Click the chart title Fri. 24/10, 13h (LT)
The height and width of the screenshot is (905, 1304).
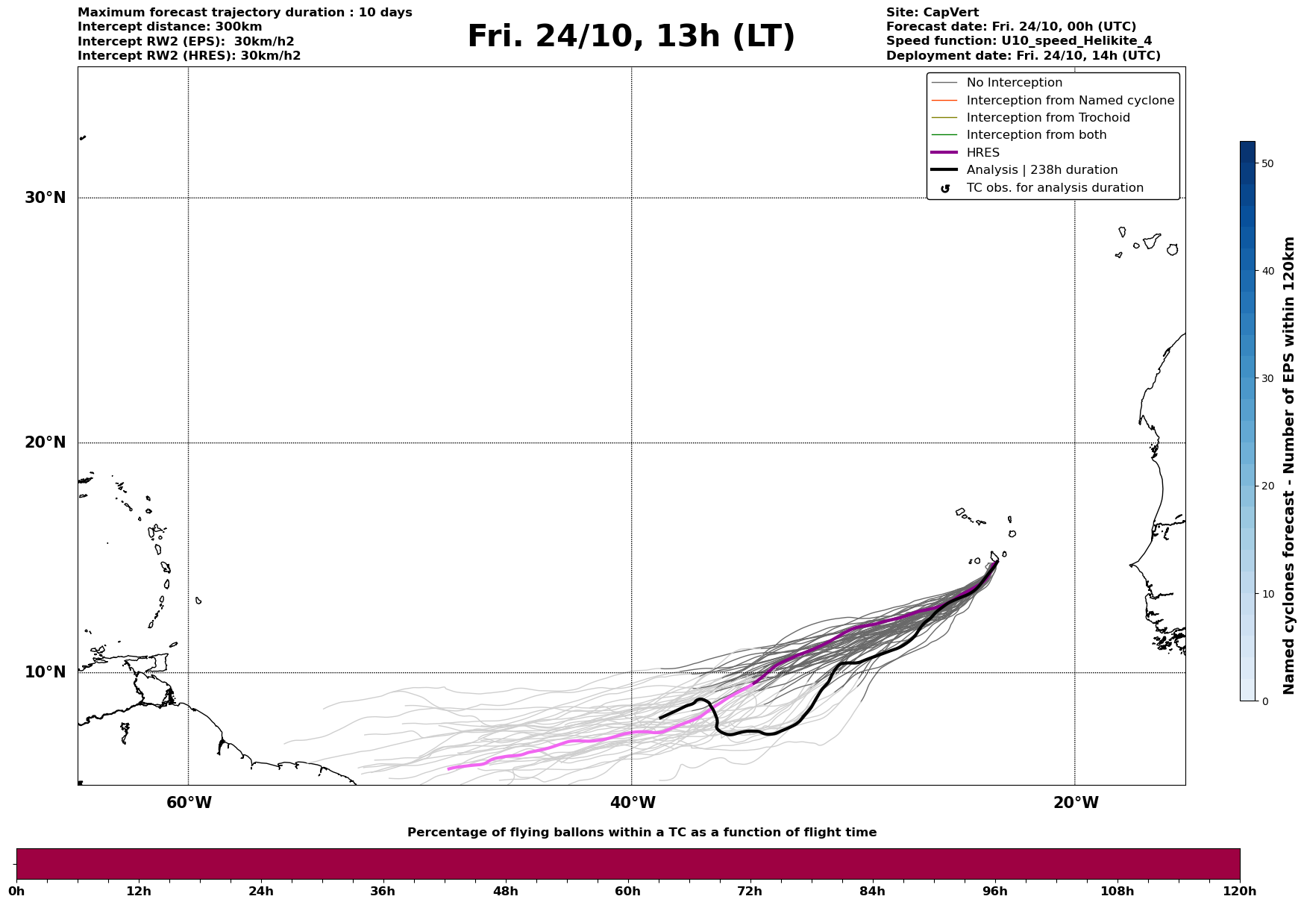pyautogui.click(x=631, y=37)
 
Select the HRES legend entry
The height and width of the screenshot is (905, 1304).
pyautogui.click(x=982, y=153)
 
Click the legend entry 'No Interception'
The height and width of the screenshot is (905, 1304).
pyautogui.click(x=1014, y=83)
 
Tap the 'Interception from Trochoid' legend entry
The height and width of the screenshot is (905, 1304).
pyautogui.click(x=1047, y=118)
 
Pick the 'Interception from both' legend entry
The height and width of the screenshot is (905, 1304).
pyautogui.click(x=1036, y=135)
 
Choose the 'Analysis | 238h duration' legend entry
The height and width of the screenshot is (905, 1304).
pyautogui.click(x=1041, y=170)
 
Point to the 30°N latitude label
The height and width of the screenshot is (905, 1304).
pyautogui.click(x=46, y=198)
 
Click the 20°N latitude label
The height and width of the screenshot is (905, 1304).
pyautogui.click(x=46, y=442)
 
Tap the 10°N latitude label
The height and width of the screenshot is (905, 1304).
pyautogui.click(x=46, y=672)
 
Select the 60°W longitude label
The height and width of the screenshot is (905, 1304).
pyautogui.click(x=189, y=803)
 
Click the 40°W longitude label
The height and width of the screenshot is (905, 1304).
pyautogui.click(x=632, y=803)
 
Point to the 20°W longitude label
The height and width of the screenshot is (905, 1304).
pyautogui.click(x=1075, y=803)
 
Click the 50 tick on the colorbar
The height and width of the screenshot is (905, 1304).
pyautogui.click(x=1267, y=163)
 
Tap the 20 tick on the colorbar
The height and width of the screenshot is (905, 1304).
pyautogui.click(x=1267, y=486)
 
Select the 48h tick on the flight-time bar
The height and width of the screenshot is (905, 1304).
pyautogui.click(x=505, y=891)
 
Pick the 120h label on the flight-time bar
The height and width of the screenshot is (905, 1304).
pyautogui.click(x=1239, y=891)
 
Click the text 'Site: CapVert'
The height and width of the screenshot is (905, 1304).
pyautogui.click(x=932, y=13)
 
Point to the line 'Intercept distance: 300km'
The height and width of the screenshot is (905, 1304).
pyautogui.click(x=169, y=27)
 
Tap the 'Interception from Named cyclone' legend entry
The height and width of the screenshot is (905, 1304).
pyautogui.click(x=1070, y=101)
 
